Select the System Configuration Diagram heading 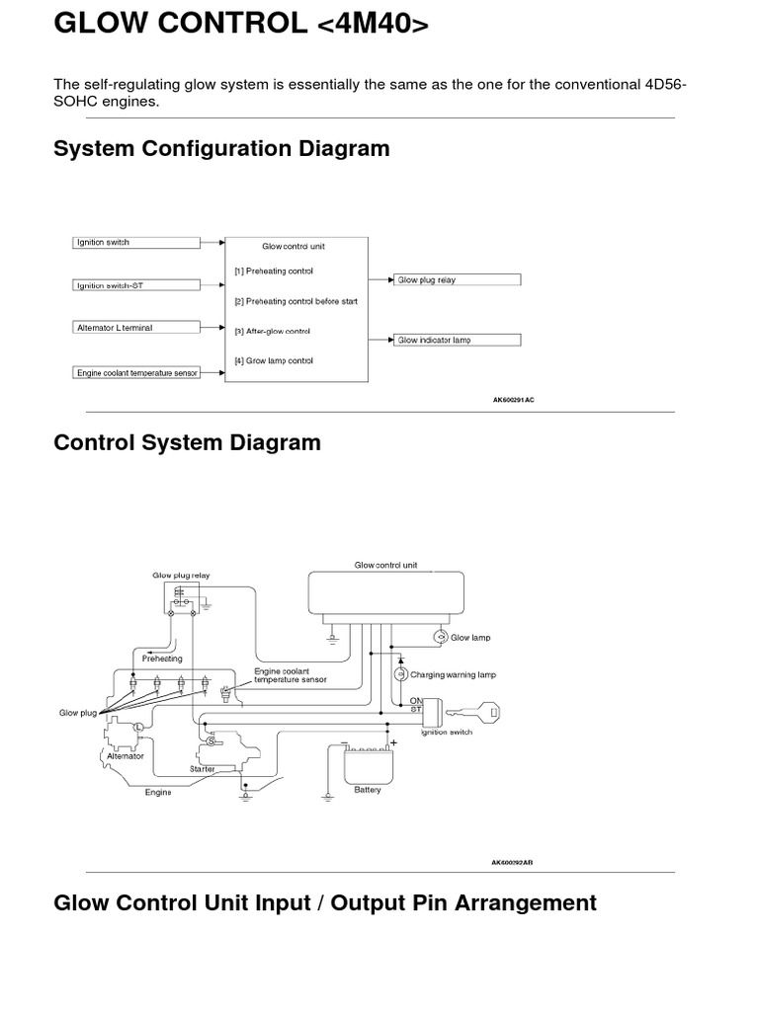coord(221,149)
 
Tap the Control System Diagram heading coord(187,442)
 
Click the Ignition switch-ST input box coord(136,285)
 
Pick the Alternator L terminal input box coord(136,327)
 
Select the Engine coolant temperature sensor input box coord(136,372)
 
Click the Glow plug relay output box coord(457,280)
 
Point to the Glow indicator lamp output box coord(457,340)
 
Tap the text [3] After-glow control coord(273,332)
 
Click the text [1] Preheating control coord(274,271)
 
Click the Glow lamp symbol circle coord(441,638)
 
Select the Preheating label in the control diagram coord(162,659)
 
